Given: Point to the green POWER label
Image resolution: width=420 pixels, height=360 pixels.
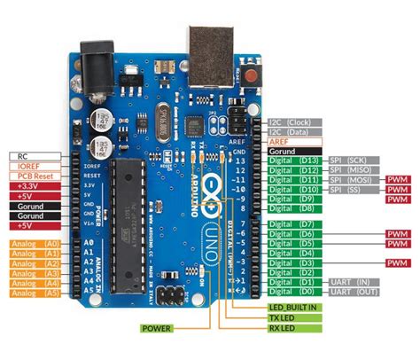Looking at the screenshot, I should point(158,327).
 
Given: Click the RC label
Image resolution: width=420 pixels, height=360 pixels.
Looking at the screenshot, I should point(34,155).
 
